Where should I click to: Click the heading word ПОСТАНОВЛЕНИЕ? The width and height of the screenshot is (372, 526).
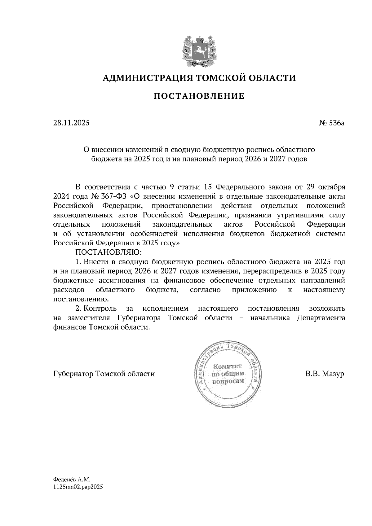(x=199, y=96)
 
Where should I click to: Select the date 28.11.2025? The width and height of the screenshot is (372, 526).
(x=71, y=123)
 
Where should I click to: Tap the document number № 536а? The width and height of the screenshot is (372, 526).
(x=332, y=123)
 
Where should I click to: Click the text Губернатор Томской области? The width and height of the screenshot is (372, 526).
(x=104, y=374)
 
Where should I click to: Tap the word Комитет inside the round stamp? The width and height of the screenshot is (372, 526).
(x=228, y=366)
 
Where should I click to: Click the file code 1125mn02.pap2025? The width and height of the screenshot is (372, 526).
(x=78, y=487)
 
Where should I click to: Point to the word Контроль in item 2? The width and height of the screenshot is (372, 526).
(x=100, y=309)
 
